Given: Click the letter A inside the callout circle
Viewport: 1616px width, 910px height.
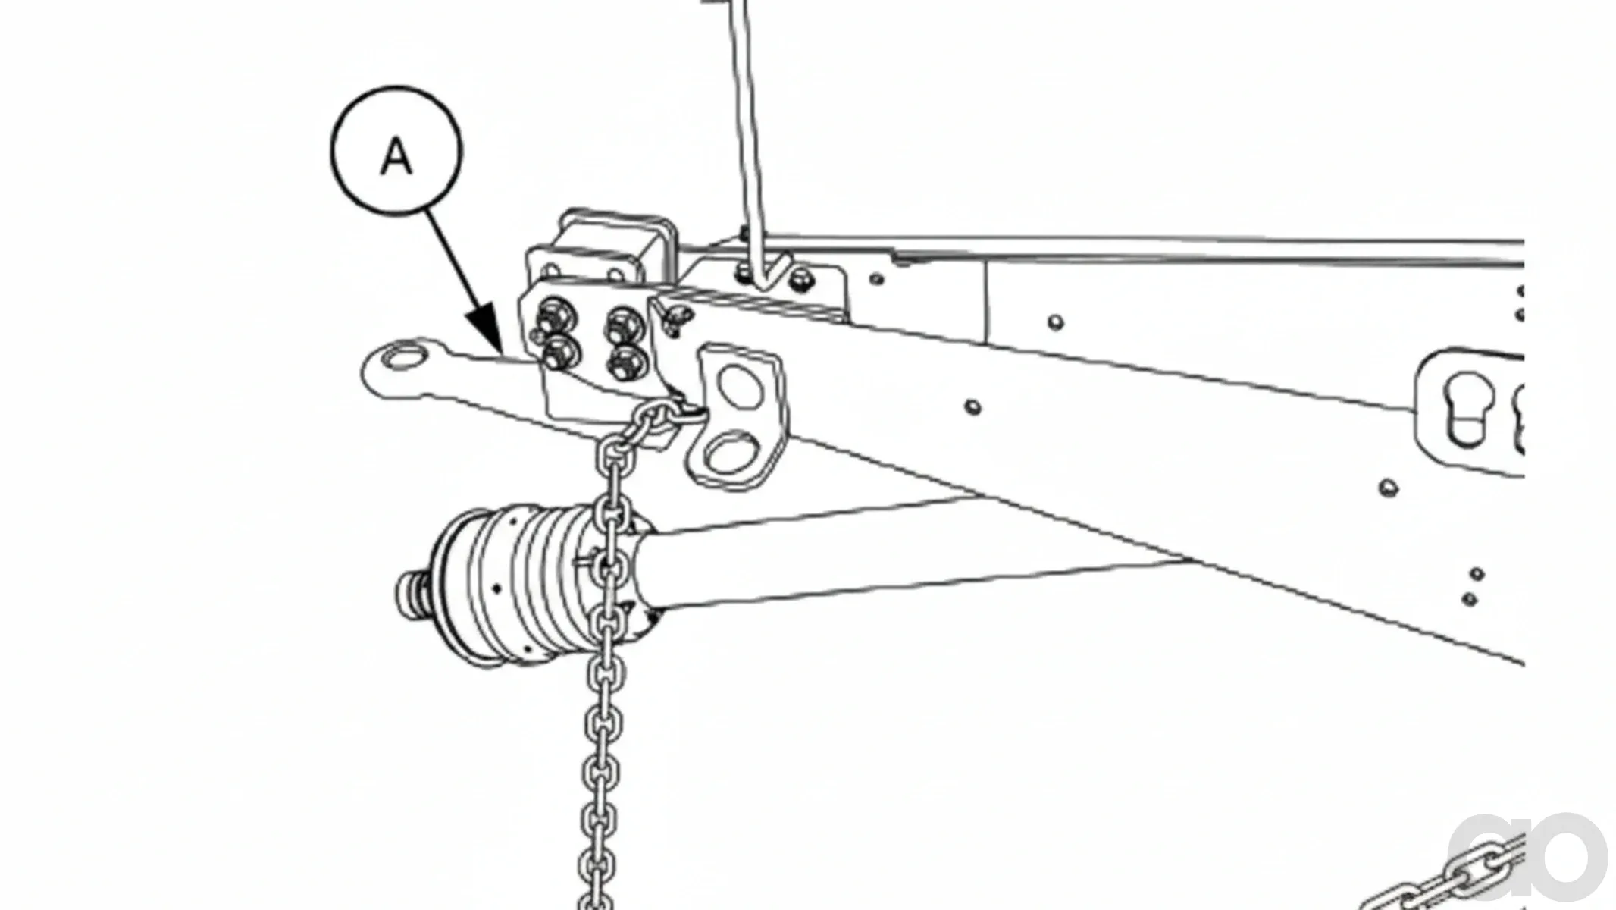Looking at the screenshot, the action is point(396,158).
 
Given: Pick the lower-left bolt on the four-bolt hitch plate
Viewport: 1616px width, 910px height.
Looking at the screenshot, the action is point(559,353).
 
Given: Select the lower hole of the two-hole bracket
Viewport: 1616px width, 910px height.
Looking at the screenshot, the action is point(729,451).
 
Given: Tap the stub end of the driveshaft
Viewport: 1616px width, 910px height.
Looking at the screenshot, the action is point(415,592).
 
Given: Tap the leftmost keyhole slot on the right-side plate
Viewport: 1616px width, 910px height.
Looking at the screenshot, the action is point(1467,408).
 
